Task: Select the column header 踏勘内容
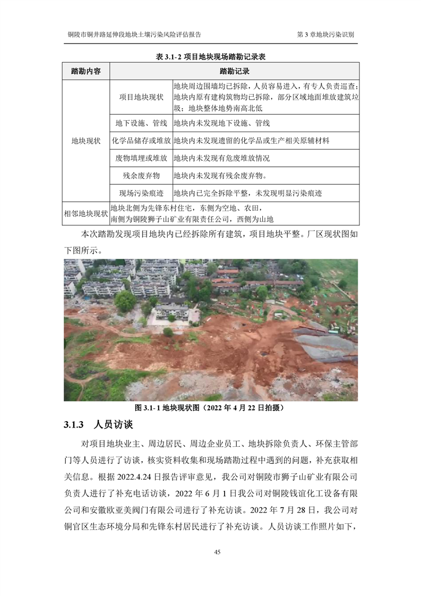86,71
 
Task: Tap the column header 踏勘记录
234,71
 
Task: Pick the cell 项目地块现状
141,97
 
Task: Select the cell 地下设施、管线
141,123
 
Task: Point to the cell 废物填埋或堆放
141,158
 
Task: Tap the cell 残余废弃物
141,175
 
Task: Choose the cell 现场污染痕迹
141,193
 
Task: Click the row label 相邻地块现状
86,214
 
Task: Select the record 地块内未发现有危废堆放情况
222,158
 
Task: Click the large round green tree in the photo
125,301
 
